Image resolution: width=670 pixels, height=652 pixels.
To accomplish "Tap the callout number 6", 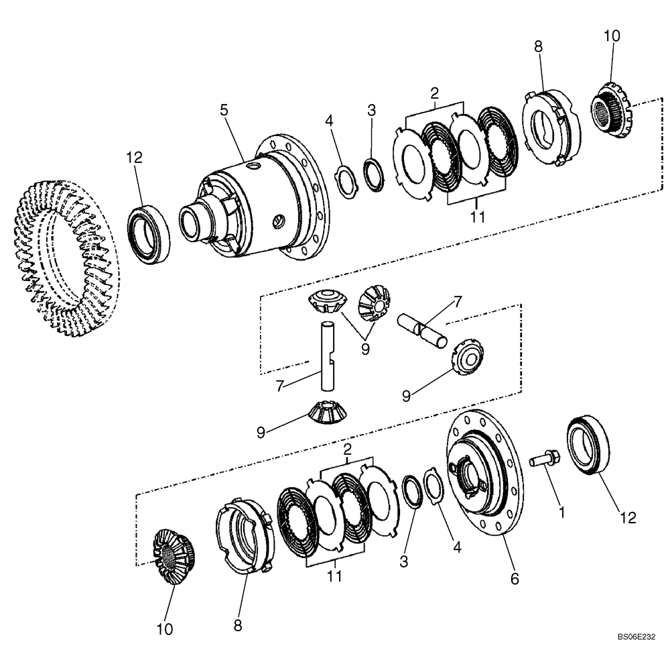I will [515, 577].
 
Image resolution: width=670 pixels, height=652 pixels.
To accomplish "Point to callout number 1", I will [561, 512].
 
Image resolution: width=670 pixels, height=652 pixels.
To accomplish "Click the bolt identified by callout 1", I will [543, 461].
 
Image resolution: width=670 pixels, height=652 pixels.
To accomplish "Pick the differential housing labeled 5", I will [261, 201].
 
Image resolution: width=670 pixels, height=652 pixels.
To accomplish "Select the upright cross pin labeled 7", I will [326, 355].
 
